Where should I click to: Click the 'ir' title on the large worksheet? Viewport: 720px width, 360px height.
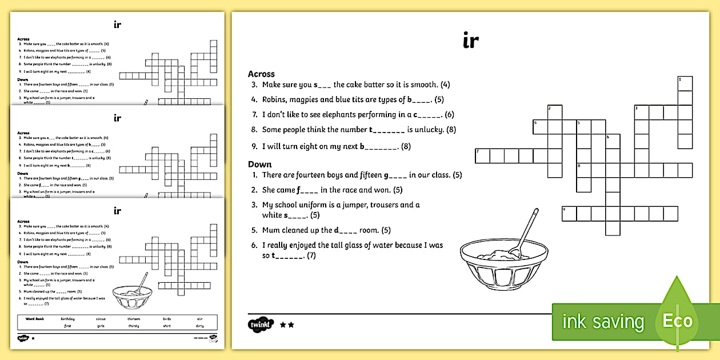tap(470, 41)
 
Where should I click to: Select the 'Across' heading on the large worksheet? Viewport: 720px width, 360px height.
tap(261, 74)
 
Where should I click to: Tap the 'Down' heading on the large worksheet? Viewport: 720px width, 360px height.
tap(260, 164)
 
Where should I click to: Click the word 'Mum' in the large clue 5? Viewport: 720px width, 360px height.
tap(271, 230)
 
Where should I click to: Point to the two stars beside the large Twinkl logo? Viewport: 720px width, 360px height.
tap(287, 325)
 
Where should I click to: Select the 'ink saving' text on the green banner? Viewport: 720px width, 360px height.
tap(603, 322)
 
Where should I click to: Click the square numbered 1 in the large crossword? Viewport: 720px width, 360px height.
tap(685, 83)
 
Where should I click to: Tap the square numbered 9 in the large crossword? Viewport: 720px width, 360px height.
tap(569, 214)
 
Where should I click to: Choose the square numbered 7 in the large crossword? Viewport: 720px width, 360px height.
tap(482, 155)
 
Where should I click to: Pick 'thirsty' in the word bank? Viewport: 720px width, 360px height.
tap(134, 326)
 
